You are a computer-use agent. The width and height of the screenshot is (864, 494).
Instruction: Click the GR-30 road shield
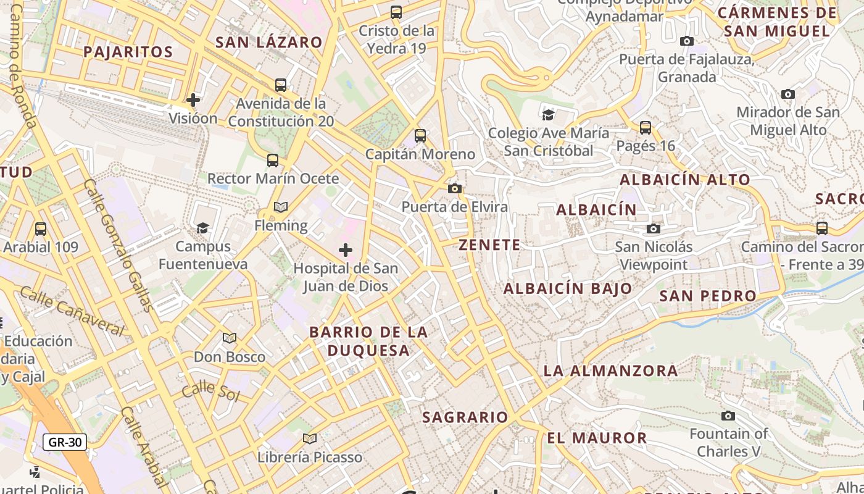point(65,442)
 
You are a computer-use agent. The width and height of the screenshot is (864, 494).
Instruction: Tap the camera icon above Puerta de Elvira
point(455,188)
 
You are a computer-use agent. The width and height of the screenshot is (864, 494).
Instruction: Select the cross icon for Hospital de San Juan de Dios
point(346,250)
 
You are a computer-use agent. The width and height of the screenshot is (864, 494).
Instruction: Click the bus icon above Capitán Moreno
point(420,136)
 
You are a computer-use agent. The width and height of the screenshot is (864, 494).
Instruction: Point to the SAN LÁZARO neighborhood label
point(268,42)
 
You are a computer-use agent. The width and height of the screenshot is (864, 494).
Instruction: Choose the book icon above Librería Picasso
point(310,438)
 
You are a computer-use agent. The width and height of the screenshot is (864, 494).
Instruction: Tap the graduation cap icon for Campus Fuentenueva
point(202,228)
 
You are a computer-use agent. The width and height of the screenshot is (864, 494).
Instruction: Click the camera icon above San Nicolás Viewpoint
point(654,228)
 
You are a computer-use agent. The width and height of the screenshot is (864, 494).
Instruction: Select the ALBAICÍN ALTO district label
point(685,180)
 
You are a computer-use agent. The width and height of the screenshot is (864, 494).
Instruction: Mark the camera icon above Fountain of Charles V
point(728,416)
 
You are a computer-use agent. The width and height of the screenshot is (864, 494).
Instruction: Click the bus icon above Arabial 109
point(41,229)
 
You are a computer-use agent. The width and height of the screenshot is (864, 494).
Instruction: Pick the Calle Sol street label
point(210,390)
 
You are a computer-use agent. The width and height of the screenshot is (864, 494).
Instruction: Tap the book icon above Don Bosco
point(230,338)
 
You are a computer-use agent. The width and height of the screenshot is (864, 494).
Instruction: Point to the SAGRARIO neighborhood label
point(465,417)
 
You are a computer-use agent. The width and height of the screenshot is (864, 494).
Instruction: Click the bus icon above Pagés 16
point(646,128)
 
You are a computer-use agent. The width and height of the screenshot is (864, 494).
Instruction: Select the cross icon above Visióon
point(193,99)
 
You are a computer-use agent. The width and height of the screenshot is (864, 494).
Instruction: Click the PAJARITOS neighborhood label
point(128,51)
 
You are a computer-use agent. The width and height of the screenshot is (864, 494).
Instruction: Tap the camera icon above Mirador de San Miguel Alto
point(788,94)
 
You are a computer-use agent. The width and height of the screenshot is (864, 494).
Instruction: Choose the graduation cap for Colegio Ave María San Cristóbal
point(548,114)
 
